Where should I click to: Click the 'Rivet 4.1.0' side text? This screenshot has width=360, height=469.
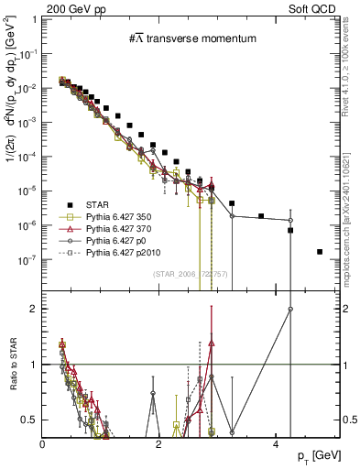[352, 69]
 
